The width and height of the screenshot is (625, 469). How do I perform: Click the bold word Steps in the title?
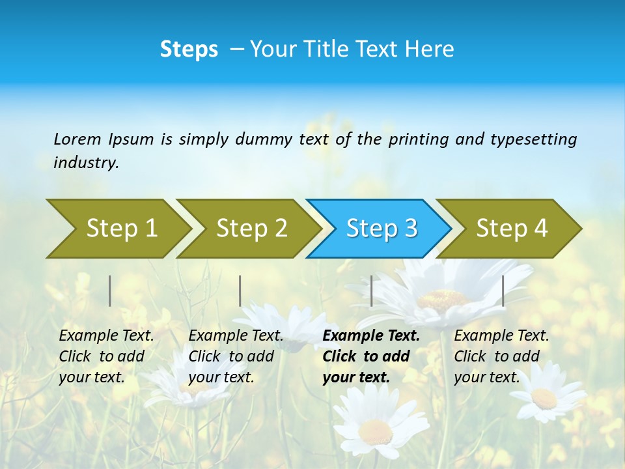tap(189, 49)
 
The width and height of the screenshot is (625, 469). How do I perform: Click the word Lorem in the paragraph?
tap(77, 139)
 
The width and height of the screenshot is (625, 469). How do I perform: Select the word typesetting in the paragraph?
tap(533, 139)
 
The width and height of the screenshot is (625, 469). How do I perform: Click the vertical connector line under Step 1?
tap(110, 291)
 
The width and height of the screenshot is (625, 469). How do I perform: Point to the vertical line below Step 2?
tap(240, 291)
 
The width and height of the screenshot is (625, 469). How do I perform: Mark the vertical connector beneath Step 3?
tap(371, 291)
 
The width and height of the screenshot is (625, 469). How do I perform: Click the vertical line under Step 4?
tap(503, 291)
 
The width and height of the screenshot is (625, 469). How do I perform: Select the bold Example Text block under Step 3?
tap(371, 356)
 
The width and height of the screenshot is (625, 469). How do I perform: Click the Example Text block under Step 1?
tap(106, 356)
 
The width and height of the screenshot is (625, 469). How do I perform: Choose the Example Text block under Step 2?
tap(236, 356)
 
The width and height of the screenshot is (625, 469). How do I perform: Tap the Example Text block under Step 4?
tap(501, 356)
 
